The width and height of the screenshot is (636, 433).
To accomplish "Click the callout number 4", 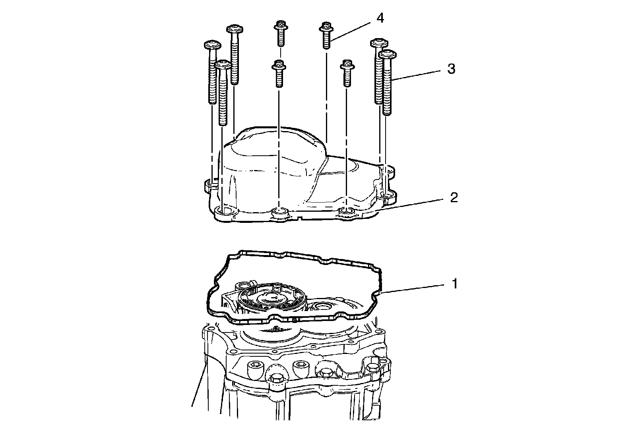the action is [380, 18].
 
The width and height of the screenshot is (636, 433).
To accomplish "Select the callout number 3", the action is [451, 69].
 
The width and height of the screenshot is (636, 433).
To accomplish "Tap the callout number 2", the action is [454, 198].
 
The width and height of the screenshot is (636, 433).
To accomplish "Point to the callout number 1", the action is [455, 284].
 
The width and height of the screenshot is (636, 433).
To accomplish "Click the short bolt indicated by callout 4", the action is [326, 35].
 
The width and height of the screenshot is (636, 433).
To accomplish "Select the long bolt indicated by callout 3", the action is [387, 82].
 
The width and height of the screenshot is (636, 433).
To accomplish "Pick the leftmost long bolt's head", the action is [212, 45].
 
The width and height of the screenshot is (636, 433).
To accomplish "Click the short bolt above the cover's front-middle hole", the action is [279, 73].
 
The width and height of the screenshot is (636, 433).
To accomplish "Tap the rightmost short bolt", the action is [347, 73].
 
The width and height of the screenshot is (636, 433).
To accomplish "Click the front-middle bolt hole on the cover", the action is [279, 212].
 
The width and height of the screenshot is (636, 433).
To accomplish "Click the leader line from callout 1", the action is [413, 288].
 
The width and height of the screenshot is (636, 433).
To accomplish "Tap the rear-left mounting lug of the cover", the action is [211, 185].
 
